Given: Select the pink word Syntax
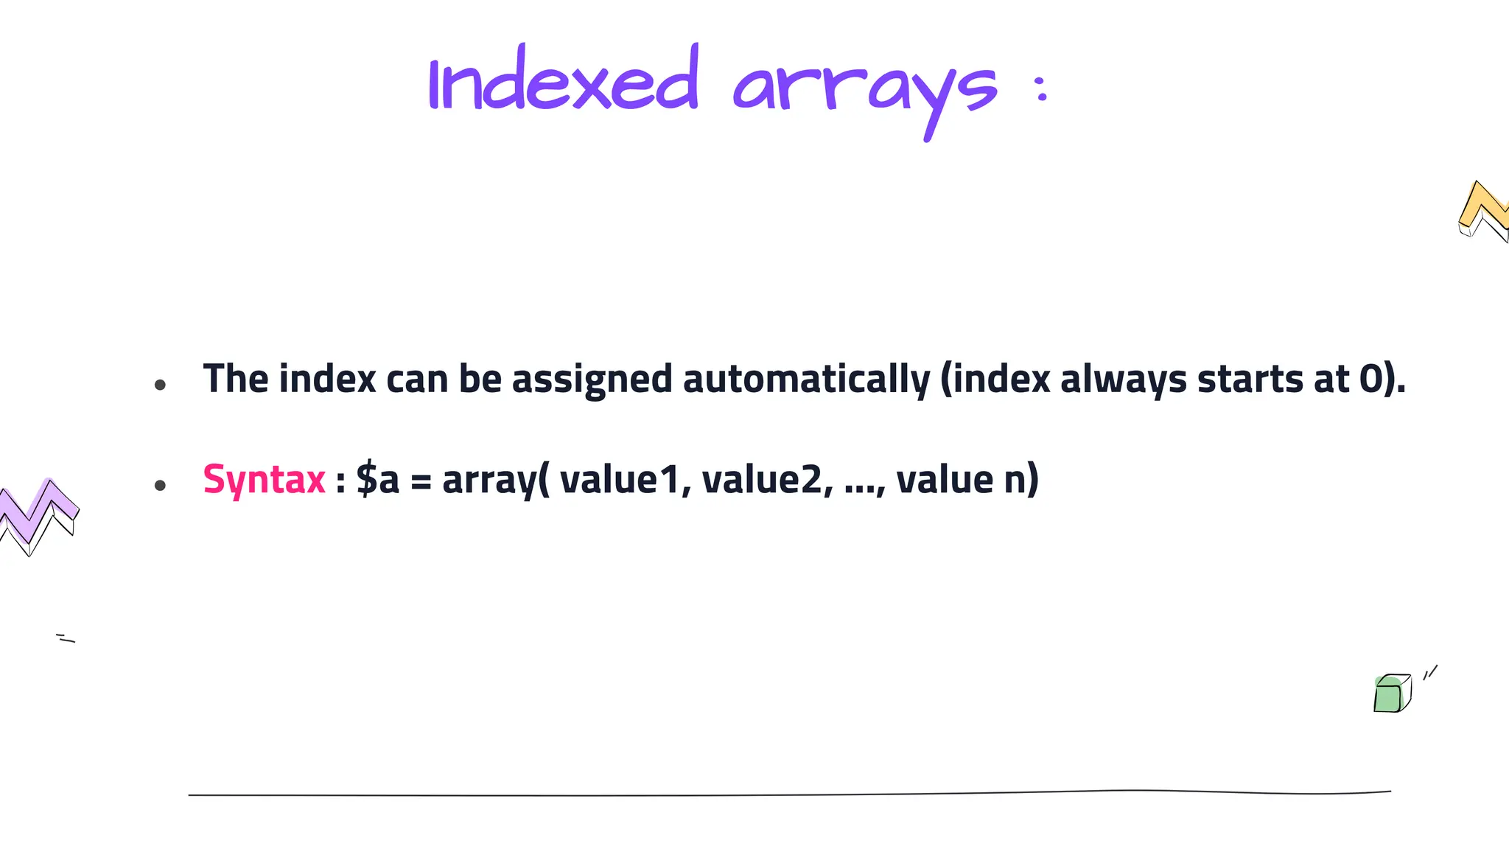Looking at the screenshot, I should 264,480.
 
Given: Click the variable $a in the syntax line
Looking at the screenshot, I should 377,480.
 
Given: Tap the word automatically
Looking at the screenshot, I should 806,380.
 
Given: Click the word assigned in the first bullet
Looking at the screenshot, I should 592,380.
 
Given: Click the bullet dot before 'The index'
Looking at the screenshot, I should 160,385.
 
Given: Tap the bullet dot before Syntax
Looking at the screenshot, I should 160,485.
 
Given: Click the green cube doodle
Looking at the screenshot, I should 1391,693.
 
